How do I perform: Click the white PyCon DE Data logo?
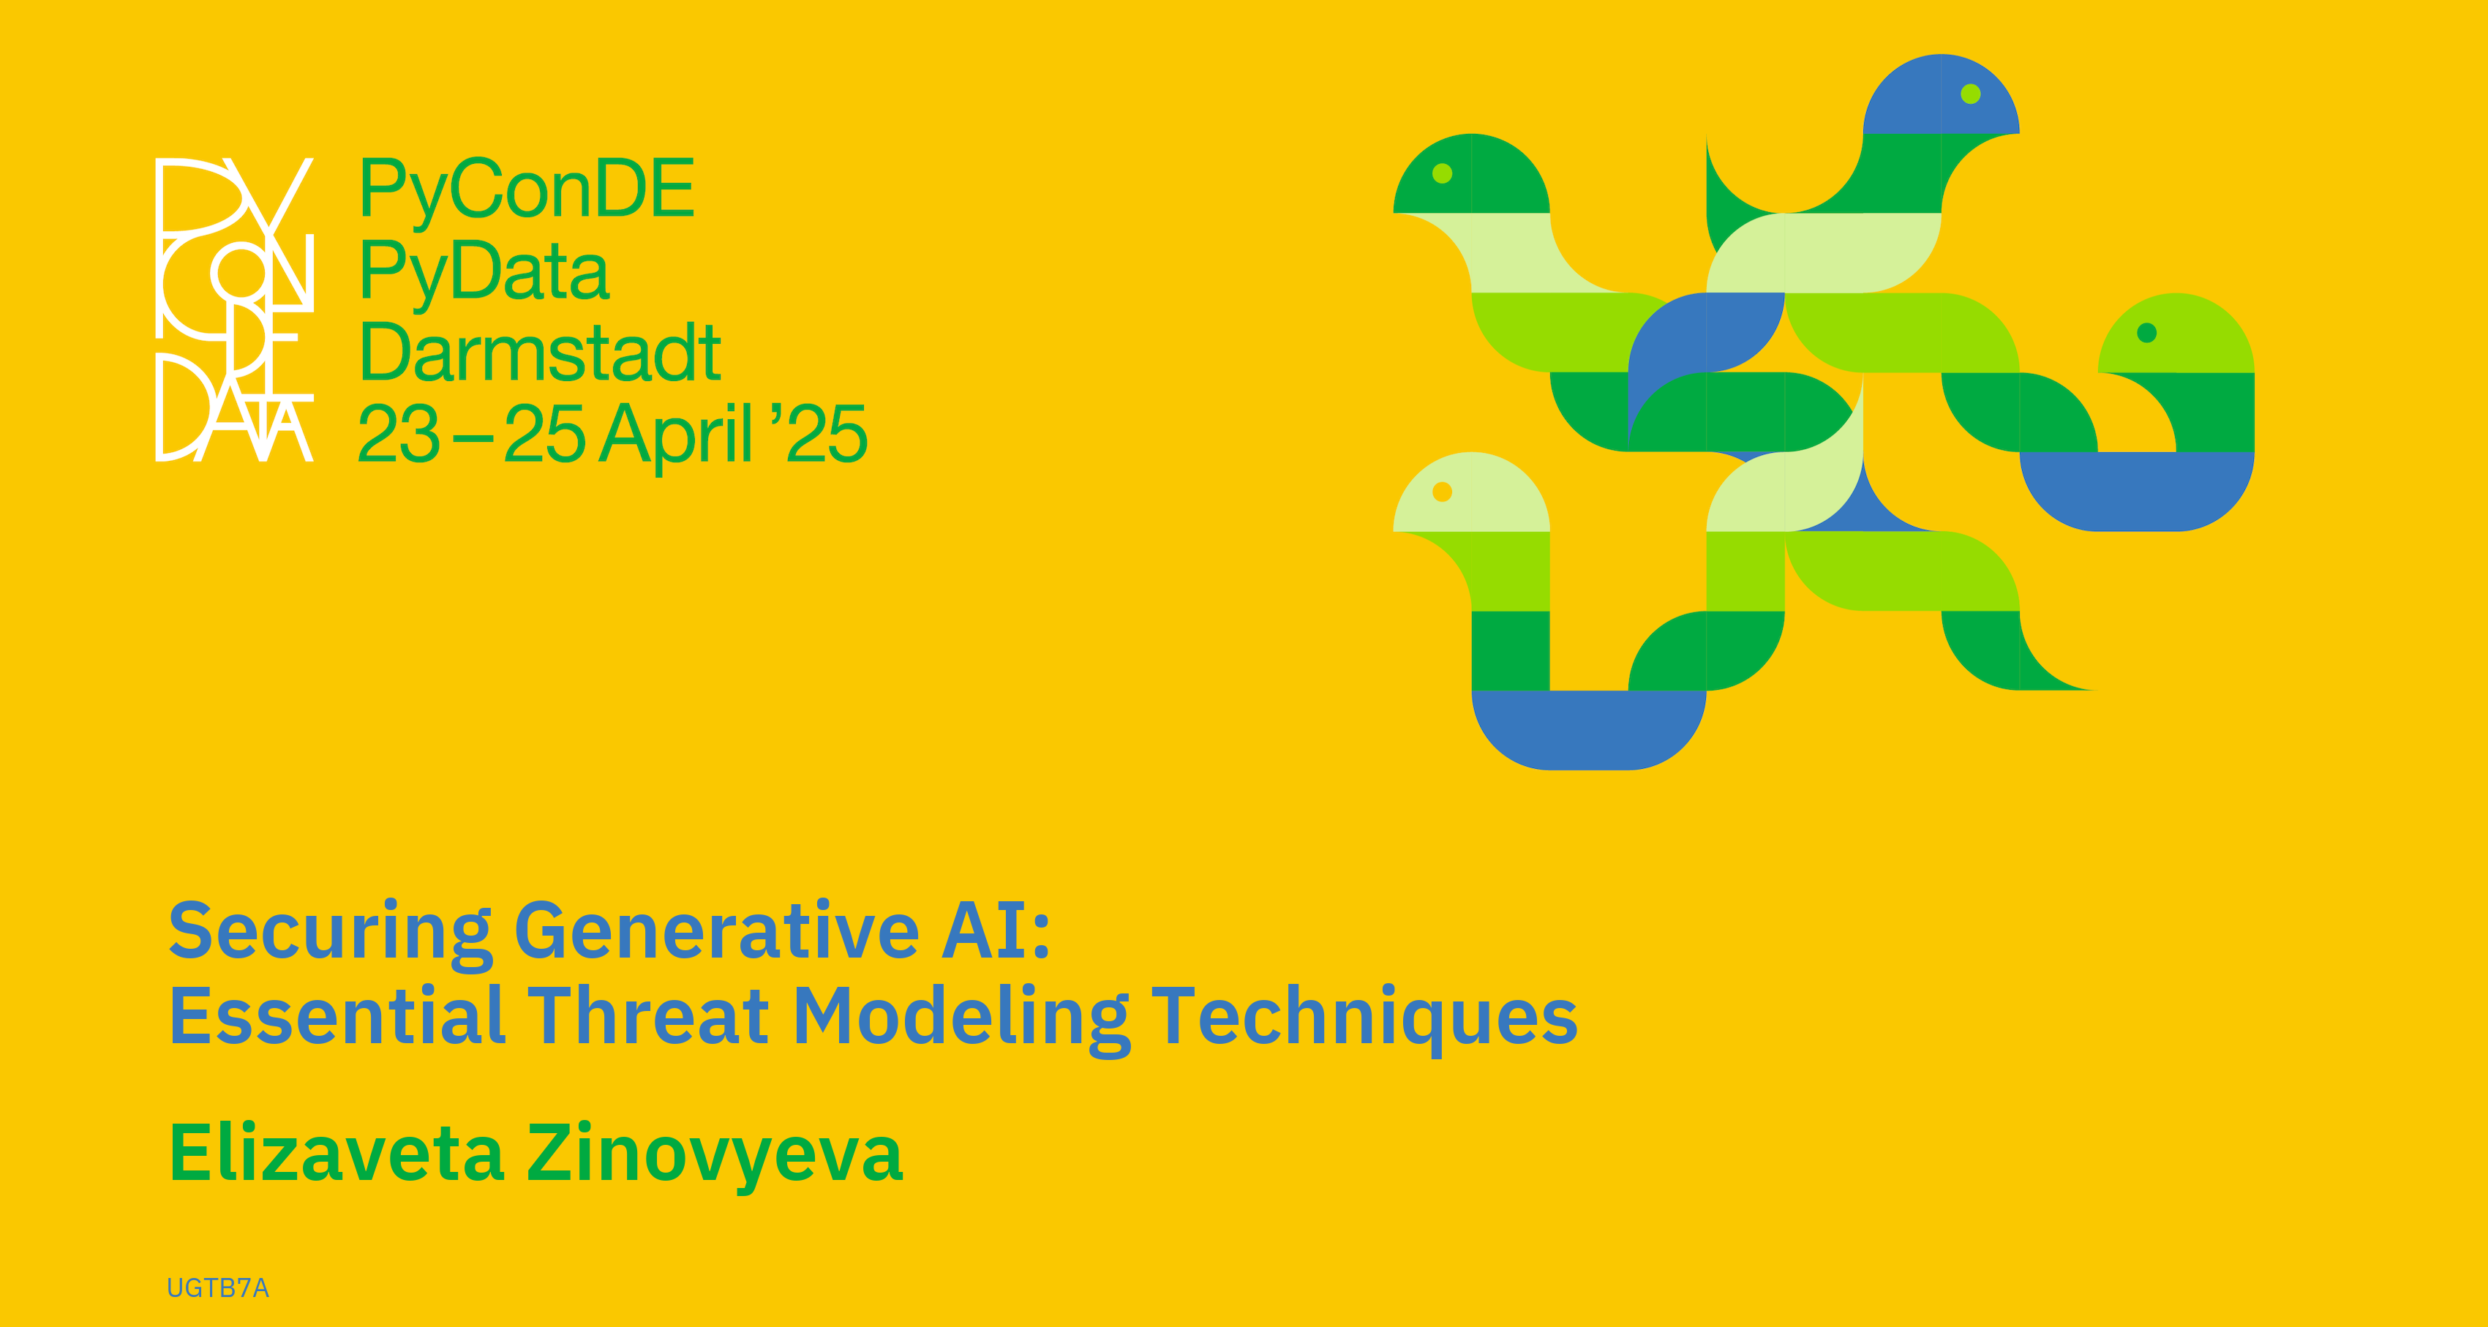(235, 309)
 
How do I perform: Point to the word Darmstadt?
(540, 353)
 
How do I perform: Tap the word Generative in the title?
(717, 930)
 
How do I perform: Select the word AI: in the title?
(997, 930)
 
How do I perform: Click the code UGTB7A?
(218, 1288)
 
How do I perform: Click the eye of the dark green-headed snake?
(1442, 173)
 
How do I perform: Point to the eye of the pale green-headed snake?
(1442, 492)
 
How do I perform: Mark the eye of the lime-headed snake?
(2147, 332)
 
